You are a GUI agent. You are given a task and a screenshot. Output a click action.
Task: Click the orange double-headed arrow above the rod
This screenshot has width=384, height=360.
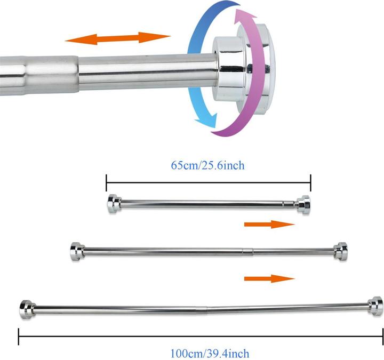[117, 38]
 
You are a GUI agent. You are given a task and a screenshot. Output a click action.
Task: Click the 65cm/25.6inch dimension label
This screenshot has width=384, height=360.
[207, 165]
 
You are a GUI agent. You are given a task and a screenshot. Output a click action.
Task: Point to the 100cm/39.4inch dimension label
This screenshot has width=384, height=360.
[210, 354]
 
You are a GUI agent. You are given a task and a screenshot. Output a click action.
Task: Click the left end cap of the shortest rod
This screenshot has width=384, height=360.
[114, 204]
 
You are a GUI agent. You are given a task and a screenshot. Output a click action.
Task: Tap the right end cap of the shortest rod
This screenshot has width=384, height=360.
[304, 205]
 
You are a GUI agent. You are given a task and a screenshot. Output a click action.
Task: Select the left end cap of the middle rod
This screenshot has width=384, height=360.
[77, 252]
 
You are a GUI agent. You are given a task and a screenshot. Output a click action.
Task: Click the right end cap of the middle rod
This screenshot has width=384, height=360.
[341, 251]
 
